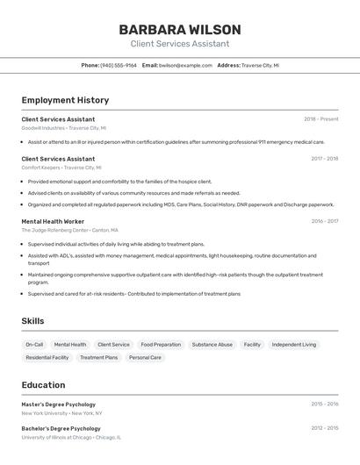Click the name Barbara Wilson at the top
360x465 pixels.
(x=179, y=29)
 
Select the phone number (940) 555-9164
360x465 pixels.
(x=119, y=65)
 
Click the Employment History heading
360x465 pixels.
(x=65, y=100)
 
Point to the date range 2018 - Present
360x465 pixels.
(x=320, y=119)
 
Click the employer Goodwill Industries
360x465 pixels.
(x=43, y=127)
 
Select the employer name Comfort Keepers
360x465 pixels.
(x=40, y=167)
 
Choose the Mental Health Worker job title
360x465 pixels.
(x=53, y=221)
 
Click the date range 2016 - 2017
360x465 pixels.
(x=324, y=221)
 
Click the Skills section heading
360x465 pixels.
(x=32, y=321)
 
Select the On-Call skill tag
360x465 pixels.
(x=34, y=345)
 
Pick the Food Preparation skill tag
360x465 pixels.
(x=161, y=345)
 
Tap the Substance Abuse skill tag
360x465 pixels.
(x=212, y=345)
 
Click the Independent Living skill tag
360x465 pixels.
(x=294, y=345)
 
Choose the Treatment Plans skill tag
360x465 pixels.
(x=98, y=358)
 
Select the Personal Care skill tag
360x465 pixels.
(x=145, y=358)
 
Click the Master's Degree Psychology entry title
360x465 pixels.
(x=58, y=404)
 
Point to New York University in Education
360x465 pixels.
(x=44, y=412)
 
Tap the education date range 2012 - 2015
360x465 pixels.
(x=324, y=429)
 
